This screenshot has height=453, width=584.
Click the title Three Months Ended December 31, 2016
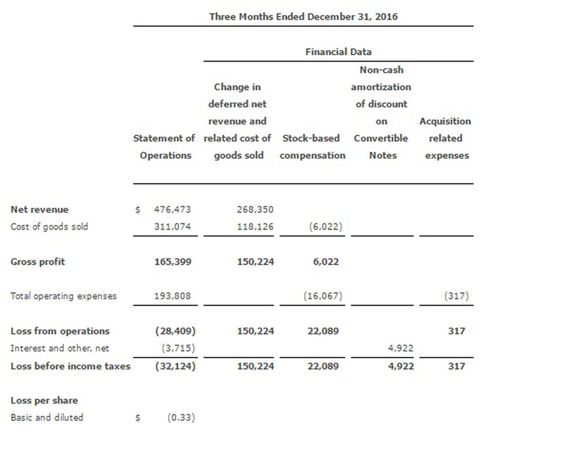[303, 17]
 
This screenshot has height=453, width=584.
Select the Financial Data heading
[338, 52]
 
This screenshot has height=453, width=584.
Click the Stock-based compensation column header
[312, 147]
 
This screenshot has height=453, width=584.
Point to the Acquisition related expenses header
[445, 139]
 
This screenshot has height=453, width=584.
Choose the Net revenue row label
[39, 209]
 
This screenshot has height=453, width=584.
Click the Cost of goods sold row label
[49, 226]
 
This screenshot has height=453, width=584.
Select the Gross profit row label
[37, 261]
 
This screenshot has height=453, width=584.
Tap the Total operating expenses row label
[63, 296]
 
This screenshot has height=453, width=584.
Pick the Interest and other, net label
[60, 348]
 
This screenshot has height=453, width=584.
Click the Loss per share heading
[44, 401]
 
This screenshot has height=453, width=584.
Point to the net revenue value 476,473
[172, 209]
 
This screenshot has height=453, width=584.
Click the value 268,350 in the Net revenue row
[255, 209]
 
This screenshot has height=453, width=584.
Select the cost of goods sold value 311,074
[172, 226]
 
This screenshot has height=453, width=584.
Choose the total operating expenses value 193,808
[172, 296]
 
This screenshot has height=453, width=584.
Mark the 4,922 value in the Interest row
[401, 348]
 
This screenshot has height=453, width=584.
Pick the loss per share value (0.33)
[181, 418]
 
